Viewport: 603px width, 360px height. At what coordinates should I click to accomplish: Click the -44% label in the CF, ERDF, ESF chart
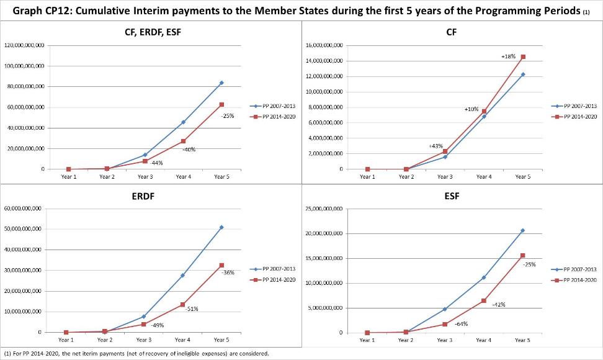pyautogui.click(x=156, y=163)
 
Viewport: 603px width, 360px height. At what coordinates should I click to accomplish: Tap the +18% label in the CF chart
pyautogui.click(x=508, y=56)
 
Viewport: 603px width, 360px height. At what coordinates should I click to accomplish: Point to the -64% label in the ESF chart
pyautogui.click(x=461, y=324)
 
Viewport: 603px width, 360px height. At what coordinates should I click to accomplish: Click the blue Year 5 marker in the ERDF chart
pyautogui.click(x=221, y=227)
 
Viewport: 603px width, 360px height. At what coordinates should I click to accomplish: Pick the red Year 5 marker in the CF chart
pyautogui.click(x=523, y=57)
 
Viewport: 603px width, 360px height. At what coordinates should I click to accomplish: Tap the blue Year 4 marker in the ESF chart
pyautogui.click(x=483, y=277)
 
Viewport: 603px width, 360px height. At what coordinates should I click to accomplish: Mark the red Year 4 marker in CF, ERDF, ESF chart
pyautogui.click(x=183, y=141)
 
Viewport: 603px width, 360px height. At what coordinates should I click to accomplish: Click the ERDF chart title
pyautogui.click(x=143, y=196)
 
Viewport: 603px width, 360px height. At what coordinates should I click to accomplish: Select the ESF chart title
pyautogui.click(x=452, y=196)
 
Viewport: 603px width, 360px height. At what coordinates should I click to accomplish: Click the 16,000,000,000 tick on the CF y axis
pyautogui.click(x=324, y=45)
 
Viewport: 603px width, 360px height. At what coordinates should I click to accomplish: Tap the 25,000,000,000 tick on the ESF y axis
pyautogui.click(x=324, y=209)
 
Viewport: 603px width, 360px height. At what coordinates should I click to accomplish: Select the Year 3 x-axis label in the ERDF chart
pyautogui.click(x=143, y=340)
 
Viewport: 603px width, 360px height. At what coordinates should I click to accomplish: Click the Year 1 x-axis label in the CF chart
pyautogui.click(x=367, y=177)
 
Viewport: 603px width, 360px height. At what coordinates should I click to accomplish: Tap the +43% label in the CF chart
pyautogui.click(x=435, y=146)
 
